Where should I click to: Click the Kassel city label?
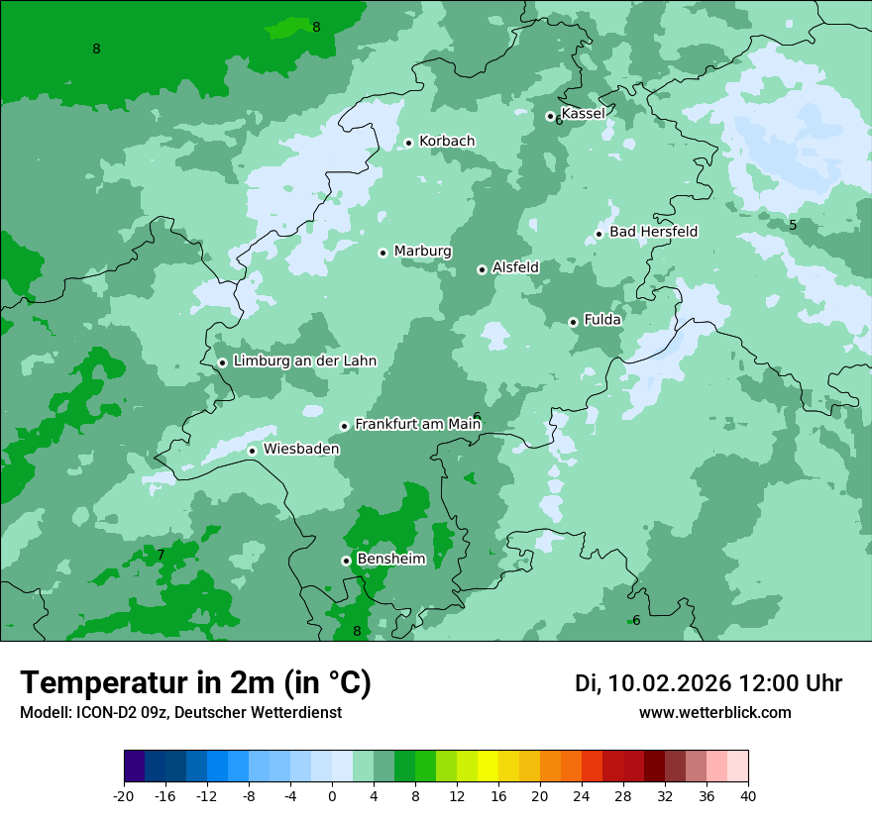coord(583,114)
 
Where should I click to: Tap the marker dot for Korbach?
coord(408,143)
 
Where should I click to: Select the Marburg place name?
coord(422,252)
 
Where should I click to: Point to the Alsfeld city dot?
coord(482,269)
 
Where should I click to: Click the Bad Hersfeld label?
coord(653,232)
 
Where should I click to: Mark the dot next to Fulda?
coord(573,322)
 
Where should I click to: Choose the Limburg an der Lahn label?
coord(305,361)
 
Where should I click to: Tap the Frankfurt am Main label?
coord(417,425)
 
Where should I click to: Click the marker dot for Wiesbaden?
coord(253,451)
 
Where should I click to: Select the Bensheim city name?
coord(390,560)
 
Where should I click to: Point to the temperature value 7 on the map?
coord(161,555)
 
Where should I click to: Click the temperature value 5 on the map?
coord(793,225)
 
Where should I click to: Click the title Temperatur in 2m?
coord(196,683)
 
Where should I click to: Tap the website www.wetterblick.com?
coord(714,713)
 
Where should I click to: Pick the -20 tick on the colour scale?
coord(124,795)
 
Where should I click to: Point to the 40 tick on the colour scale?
coord(747,795)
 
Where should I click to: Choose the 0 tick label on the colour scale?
coord(332,795)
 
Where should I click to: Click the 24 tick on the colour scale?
coord(581,795)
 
